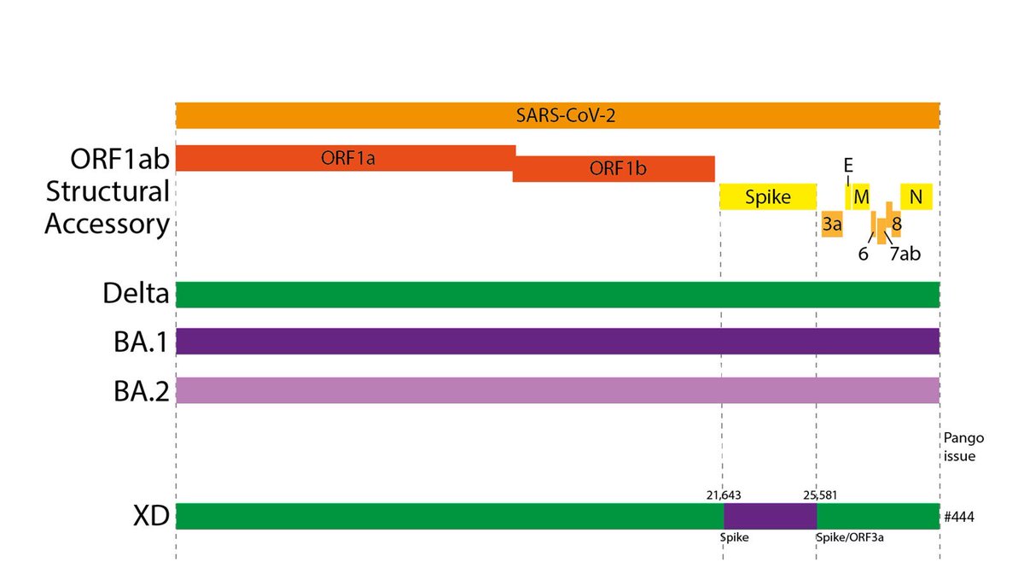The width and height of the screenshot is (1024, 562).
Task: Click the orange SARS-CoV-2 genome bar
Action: (557, 115)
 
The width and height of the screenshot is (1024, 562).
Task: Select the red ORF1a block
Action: (346, 157)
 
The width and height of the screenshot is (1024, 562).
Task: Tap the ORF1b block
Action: (614, 168)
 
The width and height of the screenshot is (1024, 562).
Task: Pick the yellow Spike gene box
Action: (767, 197)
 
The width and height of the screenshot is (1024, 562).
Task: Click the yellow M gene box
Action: (861, 197)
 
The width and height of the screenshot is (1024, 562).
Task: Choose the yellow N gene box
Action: (916, 197)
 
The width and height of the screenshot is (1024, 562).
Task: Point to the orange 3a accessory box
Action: (832, 224)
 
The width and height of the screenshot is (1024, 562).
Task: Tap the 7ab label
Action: (905, 254)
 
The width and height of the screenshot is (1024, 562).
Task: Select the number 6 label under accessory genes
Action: (864, 254)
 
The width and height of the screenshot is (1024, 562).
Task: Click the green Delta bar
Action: (557, 294)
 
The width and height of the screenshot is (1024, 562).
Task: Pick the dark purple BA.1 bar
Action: (557, 342)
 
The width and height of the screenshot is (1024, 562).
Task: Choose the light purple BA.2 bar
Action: (557, 389)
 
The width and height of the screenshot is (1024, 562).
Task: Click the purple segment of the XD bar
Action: (770, 516)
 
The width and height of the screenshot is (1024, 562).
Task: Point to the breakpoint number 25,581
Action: (821, 494)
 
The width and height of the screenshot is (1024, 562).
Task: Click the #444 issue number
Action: (960, 517)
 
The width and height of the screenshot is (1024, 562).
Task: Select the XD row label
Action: (147, 516)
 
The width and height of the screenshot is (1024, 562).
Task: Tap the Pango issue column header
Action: (963, 447)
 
